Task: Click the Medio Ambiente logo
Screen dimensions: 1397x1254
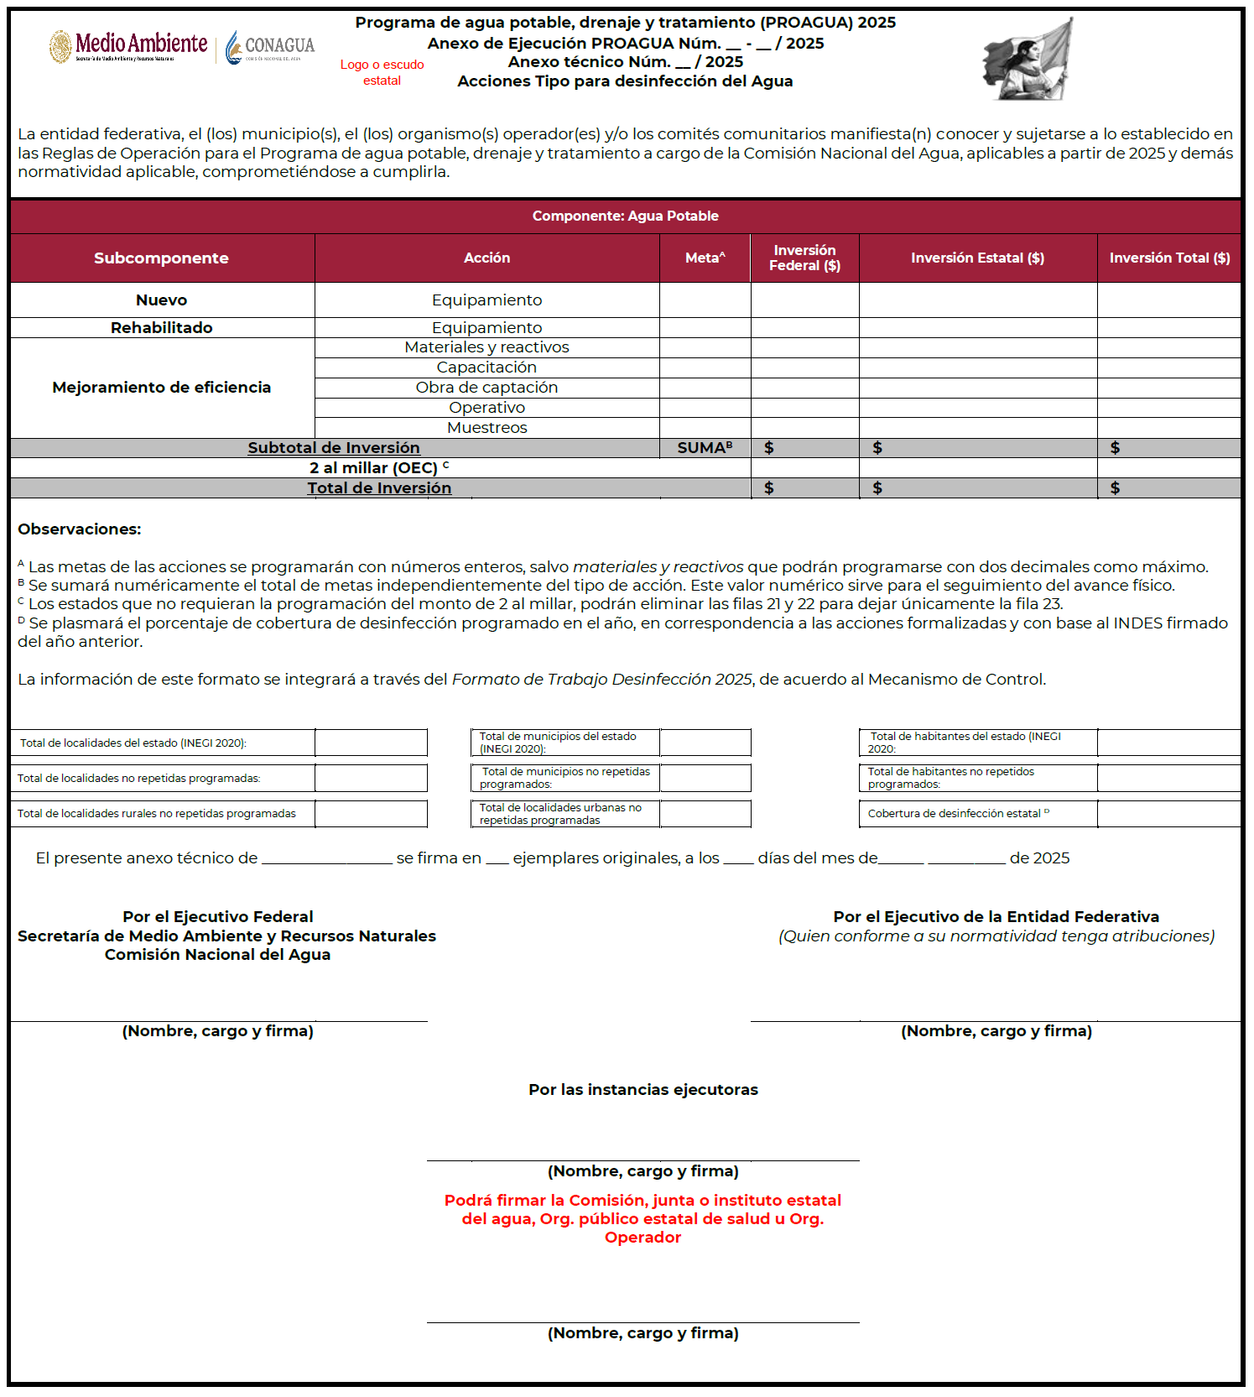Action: click(128, 46)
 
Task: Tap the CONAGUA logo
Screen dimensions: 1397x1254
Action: click(270, 47)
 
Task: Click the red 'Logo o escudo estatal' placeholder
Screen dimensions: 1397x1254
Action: click(382, 72)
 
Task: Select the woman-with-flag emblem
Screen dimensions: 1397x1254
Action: click(1028, 60)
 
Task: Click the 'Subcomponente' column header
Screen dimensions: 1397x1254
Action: click(161, 258)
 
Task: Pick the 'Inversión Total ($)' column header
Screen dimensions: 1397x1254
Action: click(1169, 258)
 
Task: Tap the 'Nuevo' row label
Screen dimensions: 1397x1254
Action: click(161, 300)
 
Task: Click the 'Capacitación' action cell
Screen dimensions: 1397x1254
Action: click(487, 367)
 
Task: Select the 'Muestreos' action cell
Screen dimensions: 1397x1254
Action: click(487, 428)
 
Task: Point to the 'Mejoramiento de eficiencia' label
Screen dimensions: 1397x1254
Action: click(161, 388)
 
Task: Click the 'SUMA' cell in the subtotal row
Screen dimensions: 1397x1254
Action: click(705, 448)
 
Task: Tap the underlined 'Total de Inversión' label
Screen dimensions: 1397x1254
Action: click(379, 488)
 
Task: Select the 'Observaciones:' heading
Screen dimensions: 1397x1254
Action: click(80, 529)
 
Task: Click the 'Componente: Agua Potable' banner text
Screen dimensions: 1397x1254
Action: click(626, 216)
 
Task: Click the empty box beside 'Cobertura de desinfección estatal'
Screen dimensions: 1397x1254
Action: click(1168, 814)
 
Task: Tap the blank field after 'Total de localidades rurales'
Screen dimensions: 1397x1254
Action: click(371, 814)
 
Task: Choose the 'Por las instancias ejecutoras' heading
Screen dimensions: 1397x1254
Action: click(643, 1090)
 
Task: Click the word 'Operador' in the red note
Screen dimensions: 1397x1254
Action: click(643, 1238)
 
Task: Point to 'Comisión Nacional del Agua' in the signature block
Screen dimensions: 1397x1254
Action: click(217, 955)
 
